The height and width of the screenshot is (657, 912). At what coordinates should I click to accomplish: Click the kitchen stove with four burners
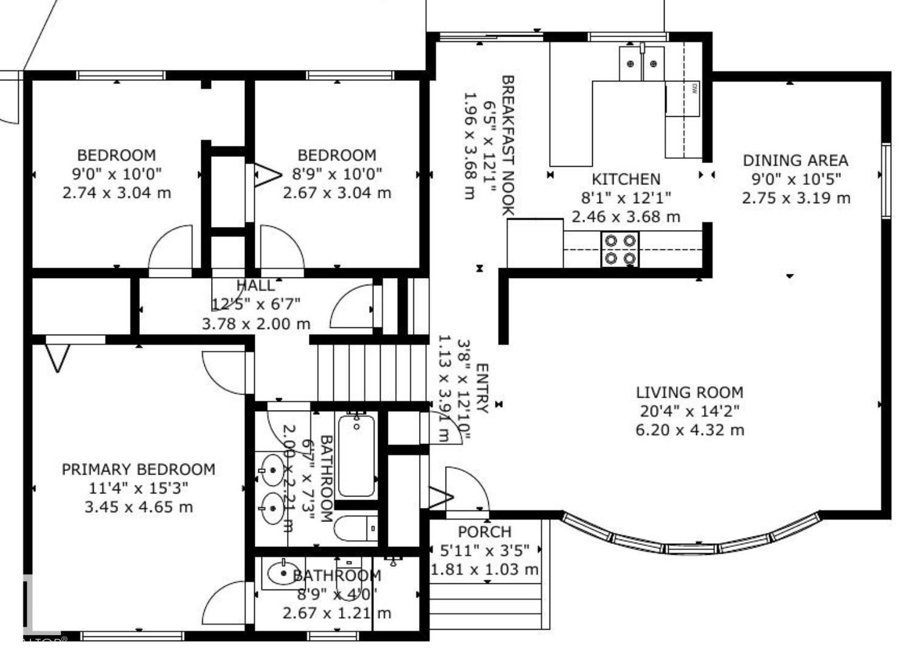620,249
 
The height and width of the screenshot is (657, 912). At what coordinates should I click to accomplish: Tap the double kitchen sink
641,63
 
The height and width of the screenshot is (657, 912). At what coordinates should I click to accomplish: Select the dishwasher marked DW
683,99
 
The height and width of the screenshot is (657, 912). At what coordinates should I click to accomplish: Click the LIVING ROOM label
689,392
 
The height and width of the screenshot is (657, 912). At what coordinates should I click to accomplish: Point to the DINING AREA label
795,161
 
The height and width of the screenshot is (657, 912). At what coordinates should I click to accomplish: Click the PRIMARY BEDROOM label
139,470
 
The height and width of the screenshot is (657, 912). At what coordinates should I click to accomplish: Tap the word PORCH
485,532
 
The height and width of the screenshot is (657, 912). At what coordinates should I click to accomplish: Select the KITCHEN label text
626,179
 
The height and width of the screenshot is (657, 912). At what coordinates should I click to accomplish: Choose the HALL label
255,285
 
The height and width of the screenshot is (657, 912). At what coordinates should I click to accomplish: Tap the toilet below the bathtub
356,528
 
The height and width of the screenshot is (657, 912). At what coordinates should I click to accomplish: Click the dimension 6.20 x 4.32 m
689,430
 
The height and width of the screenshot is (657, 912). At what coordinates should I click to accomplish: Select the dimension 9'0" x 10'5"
795,179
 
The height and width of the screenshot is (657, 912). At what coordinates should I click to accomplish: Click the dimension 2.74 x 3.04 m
117,193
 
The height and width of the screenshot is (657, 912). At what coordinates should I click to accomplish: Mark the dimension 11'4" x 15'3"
139,488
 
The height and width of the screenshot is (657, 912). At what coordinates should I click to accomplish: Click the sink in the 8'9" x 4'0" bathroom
282,574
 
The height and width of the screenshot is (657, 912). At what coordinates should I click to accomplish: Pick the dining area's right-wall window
886,180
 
